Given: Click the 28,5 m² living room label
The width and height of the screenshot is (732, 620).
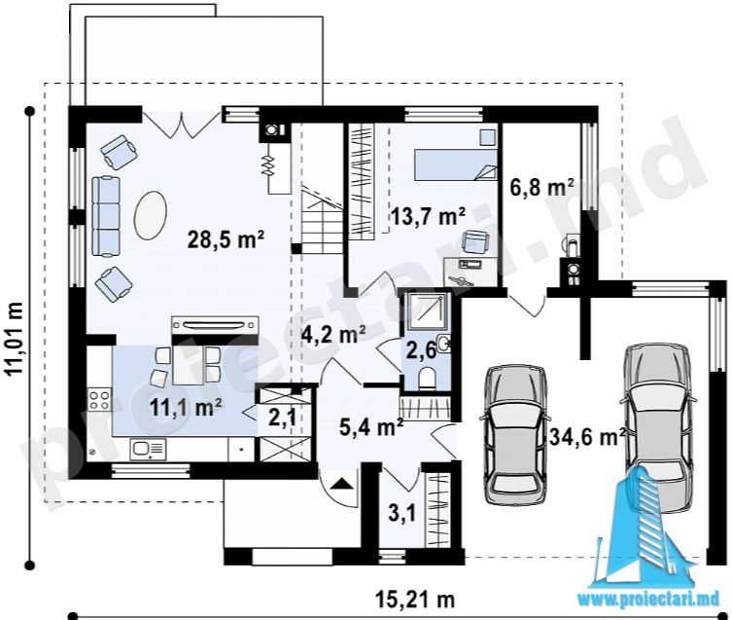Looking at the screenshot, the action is click(x=226, y=239).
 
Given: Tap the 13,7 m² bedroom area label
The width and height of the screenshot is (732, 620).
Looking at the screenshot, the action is click(x=428, y=216).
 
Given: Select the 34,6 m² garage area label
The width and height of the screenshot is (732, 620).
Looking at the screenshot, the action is click(x=587, y=437).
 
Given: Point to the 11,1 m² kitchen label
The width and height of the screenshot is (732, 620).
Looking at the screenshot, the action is click(x=186, y=407).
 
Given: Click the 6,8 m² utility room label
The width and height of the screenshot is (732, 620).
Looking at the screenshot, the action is click(x=541, y=188).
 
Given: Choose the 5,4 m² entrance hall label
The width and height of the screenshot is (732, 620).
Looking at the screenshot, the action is click(x=371, y=427).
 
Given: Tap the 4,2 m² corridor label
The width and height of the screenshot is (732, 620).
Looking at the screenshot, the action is click(x=333, y=334).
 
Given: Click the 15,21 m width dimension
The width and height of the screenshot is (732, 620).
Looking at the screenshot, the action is click(x=414, y=599).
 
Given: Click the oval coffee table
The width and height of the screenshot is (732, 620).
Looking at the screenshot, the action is click(x=151, y=215).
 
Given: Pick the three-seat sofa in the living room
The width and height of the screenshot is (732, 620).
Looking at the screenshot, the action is click(x=106, y=216).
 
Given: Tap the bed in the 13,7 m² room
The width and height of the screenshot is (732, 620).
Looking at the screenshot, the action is click(x=456, y=164).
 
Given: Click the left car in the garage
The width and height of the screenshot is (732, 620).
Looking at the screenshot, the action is click(x=515, y=433).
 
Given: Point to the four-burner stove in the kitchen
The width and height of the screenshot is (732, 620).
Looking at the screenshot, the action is click(x=99, y=400).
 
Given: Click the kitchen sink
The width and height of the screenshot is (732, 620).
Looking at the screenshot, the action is click(x=149, y=450).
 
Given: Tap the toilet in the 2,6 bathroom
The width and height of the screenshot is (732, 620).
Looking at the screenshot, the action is click(x=427, y=378).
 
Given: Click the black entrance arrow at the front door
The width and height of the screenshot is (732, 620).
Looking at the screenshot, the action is click(x=342, y=484).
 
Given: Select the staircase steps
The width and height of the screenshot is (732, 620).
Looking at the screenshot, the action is click(x=322, y=220).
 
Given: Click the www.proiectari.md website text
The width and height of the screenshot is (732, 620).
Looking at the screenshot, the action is click(x=648, y=600).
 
